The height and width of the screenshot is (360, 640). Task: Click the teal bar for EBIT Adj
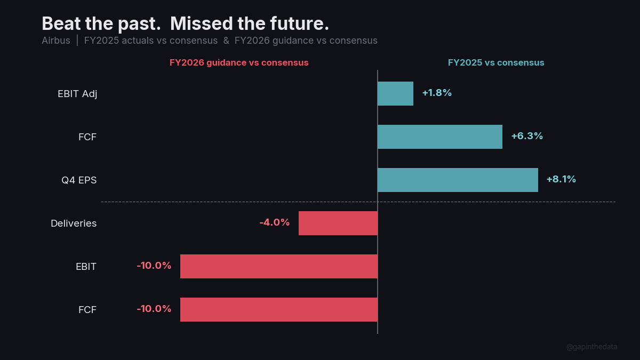click(395, 93)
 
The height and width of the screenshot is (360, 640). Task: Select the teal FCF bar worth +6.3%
click(440, 137)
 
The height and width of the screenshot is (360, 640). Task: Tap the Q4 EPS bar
click(458, 180)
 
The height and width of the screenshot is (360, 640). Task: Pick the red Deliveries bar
click(338, 223)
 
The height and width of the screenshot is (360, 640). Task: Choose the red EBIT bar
click(279, 266)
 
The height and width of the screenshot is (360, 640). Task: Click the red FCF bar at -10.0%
click(279, 309)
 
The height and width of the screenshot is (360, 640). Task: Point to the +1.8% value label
click(437, 93)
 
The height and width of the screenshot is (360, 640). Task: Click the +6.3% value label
click(527, 136)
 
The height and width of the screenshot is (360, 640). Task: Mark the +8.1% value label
click(561, 179)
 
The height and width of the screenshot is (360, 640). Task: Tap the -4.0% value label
click(274, 222)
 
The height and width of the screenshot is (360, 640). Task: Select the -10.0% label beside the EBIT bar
click(154, 266)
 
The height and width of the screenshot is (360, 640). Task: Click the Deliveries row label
click(74, 223)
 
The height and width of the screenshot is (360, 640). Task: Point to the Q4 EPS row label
click(79, 180)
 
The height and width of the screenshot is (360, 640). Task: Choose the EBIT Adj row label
click(77, 94)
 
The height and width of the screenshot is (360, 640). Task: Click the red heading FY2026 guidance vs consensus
click(239, 62)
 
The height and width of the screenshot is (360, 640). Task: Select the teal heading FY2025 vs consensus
click(496, 62)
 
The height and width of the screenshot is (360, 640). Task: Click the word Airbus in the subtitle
click(56, 41)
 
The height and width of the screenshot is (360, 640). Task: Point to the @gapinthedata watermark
click(591, 347)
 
